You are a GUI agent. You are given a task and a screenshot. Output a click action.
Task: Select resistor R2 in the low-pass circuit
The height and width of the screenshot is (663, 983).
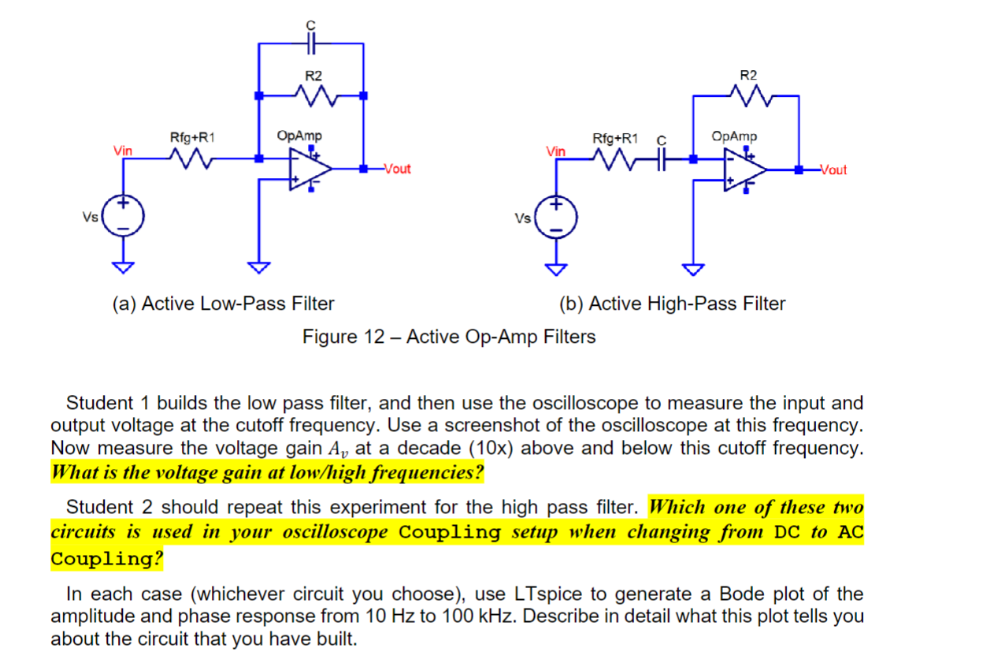[313, 96]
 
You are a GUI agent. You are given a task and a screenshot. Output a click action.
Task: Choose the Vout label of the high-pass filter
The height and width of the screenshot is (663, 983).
[833, 170]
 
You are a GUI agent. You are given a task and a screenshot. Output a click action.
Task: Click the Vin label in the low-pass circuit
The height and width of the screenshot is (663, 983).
[123, 149]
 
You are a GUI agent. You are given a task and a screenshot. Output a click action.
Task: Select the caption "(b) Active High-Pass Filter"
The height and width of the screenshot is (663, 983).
[672, 304]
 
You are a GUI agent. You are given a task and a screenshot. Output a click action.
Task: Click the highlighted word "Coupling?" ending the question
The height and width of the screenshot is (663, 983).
[107, 559]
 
